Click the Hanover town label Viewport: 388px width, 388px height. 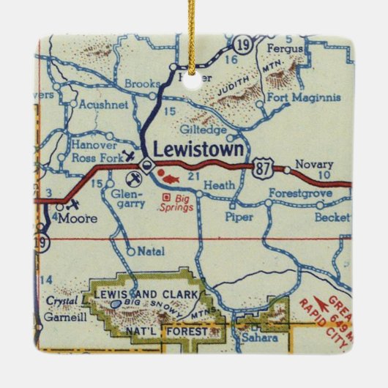click(94, 144)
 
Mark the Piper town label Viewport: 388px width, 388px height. click(239, 217)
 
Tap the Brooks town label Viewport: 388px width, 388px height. click(142, 84)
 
